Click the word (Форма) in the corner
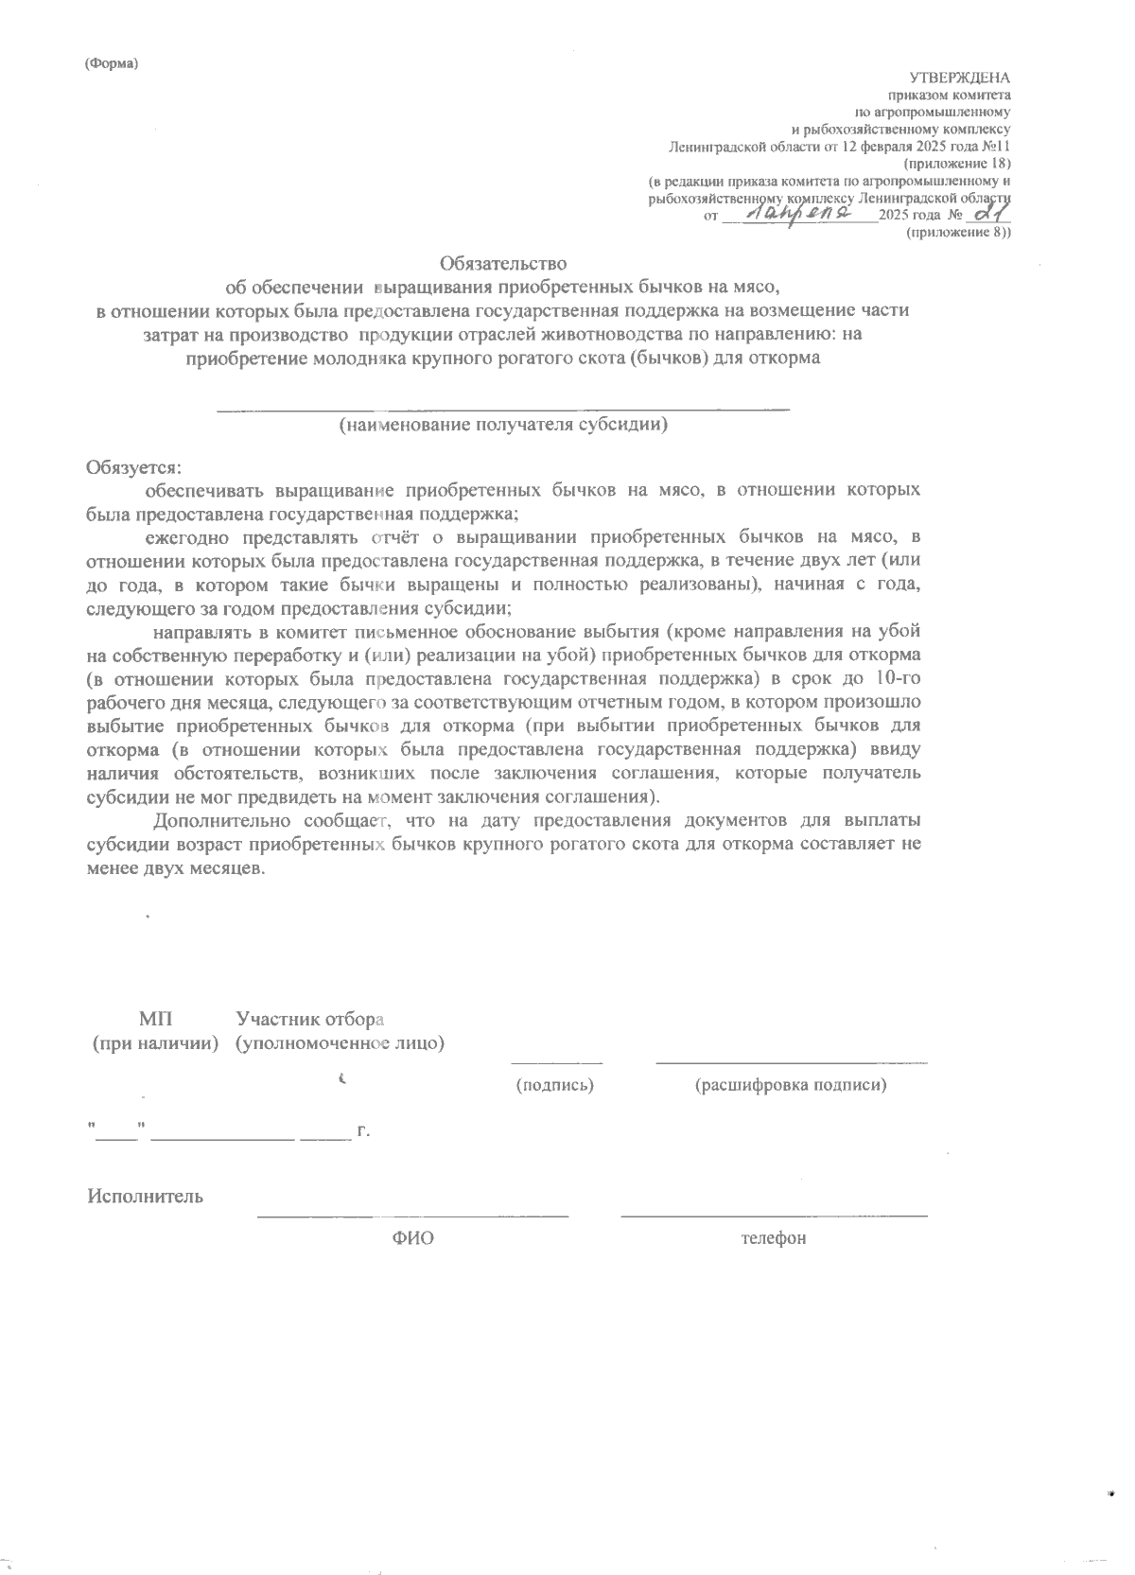111,63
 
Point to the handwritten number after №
989,216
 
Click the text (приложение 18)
958,164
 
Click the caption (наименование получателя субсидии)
503,425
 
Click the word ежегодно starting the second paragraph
184,537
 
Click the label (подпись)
554,1085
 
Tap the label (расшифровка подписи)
791,1085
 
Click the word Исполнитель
145,1196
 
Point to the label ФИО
412,1238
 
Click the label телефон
774,1238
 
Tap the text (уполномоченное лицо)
340,1043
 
